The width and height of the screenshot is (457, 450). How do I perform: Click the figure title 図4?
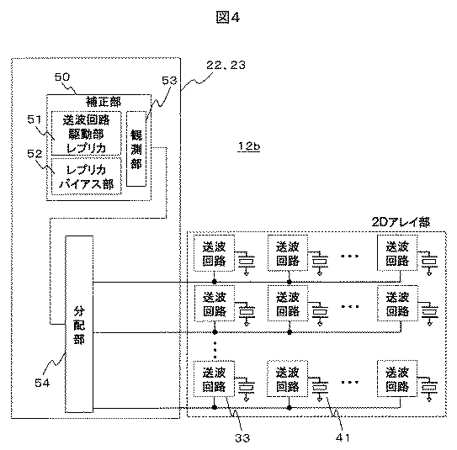pyautogui.click(x=228, y=17)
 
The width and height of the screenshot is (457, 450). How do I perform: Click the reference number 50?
pyautogui.click(x=62, y=77)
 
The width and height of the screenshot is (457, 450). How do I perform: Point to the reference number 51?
pyautogui.click(x=35, y=119)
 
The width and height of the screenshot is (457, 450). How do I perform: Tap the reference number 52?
pyautogui.click(x=35, y=153)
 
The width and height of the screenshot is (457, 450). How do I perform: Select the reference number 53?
pyautogui.click(x=169, y=81)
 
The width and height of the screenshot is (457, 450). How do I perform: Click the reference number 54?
pyautogui.click(x=42, y=383)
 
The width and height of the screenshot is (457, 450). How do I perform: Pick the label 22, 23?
pyautogui.click(x=226, y=65)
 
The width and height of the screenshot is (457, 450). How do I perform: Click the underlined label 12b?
pyautogui.click(x=249, y=146)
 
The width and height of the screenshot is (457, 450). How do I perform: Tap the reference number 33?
pyautogui.click(x=242, y=437)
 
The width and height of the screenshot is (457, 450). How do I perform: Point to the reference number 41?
pyautogui.click(x=343, y=437)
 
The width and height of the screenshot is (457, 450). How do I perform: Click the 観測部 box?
pyautogui.click(x=136, y=149)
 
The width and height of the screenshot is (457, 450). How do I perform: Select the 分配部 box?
pyautogui.click(x=79, y=324)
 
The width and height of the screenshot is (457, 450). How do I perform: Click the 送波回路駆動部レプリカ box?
pyautogui.click(x=87, y=133)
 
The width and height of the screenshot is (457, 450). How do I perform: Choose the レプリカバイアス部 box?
pyautogui.click(x=87, y=177)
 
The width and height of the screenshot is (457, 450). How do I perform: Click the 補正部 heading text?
pyautogui.click(x=104, y=102)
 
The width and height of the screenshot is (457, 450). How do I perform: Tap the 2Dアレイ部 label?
pyautogui.click(x=401, y=223)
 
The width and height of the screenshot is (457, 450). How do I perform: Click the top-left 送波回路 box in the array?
pyautogui.click(x=215, y=253)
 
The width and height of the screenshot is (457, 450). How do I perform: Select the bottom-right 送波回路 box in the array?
pyautogui.click(x=397, y=379)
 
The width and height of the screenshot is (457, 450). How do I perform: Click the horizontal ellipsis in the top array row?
pyautogui.click(x=350, y=256)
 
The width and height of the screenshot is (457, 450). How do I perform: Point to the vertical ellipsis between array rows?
pyautogui.click(x=215, y=350)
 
